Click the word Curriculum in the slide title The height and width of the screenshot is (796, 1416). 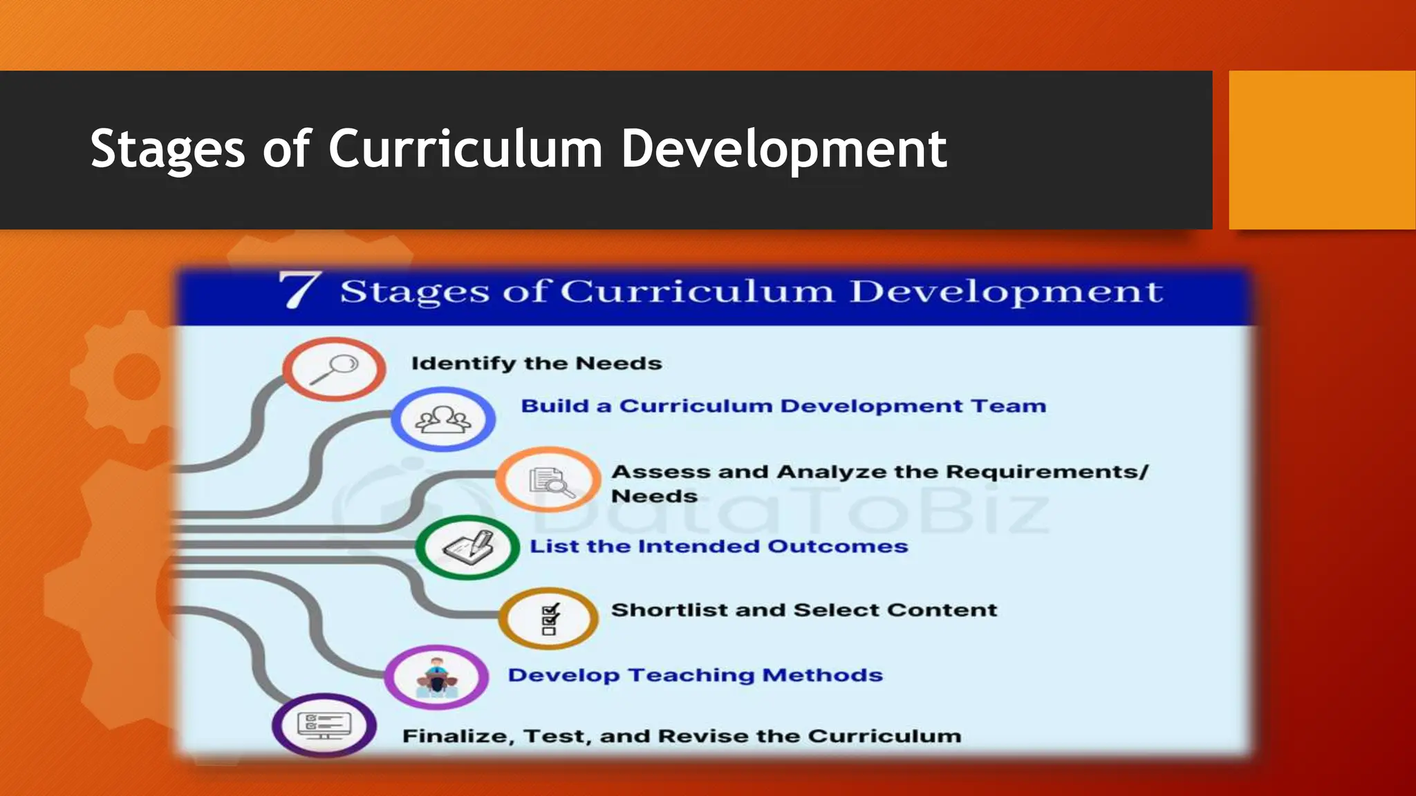coord(465,149)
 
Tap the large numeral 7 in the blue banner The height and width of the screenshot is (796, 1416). coord(299,290)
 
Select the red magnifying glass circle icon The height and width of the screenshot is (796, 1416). coord(334,368)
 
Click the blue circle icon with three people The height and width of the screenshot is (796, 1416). coord(443,419)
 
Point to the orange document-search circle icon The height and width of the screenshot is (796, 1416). coord(548,480)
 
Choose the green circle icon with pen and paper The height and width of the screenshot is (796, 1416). coord(467,547)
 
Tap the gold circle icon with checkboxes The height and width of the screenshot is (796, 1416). coord(549,618)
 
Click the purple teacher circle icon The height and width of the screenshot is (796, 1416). coord(436,676)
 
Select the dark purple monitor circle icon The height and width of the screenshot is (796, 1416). coord(324,726)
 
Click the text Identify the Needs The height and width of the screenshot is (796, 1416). coord(537,363)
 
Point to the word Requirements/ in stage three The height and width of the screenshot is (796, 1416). coord(1047,472)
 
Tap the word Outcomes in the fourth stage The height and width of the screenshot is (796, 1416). coord(837,547)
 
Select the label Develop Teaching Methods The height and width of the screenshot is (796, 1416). coord(695,675)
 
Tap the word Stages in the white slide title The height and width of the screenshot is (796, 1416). coord(168,150)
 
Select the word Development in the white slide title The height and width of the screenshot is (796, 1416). coord(783,150)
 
